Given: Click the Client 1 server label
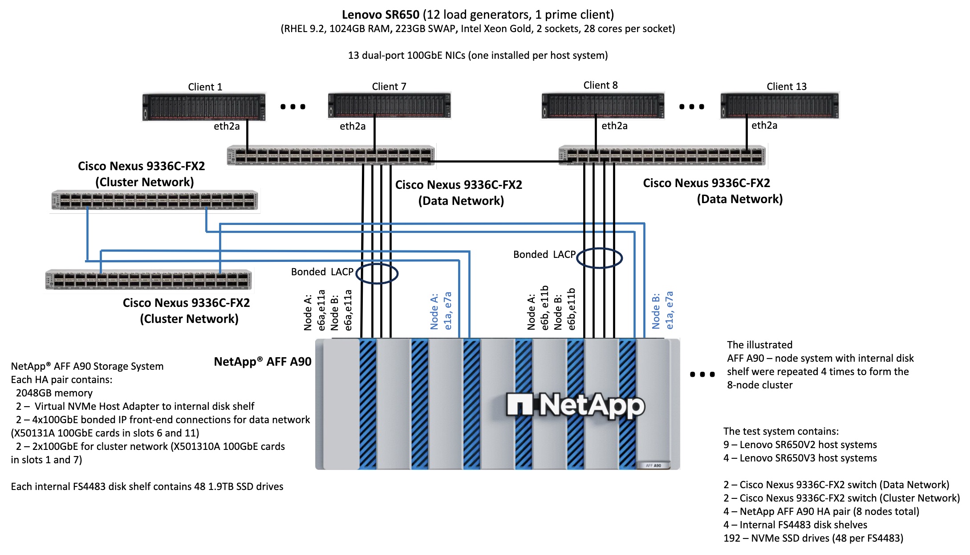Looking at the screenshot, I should point(205,87).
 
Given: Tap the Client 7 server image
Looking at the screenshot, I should point(390,106).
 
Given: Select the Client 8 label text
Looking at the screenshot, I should point(600,85).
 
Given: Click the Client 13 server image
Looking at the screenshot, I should point(779,106).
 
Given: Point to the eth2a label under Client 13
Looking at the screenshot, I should point(764,126).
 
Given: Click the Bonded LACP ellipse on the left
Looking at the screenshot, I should point(377,273).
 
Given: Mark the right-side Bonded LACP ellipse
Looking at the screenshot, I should point(599,258).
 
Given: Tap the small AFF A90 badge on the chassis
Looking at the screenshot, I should point(653,465).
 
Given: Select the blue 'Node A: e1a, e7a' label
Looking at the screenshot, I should point(441,311).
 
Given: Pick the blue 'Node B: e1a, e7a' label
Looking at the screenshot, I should point(662,310).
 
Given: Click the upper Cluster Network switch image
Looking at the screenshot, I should point(154,200).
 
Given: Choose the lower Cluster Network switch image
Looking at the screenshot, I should point(149,280).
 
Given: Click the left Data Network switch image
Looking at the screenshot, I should point(331,155).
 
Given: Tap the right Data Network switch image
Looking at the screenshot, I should point(662,155).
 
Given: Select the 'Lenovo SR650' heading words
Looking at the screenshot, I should point(381,15).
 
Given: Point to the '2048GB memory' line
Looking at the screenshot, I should point(54,393).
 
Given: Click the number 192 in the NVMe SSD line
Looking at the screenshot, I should point(732,538).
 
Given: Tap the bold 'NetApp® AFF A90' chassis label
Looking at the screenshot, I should point(263,362).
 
